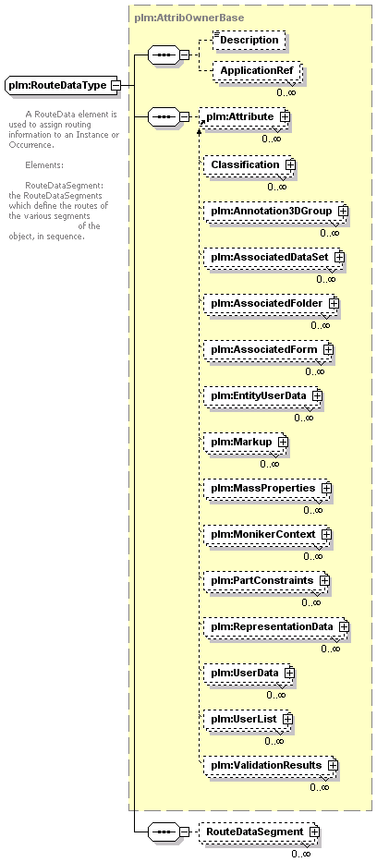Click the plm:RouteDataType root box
click(x=63, y=85)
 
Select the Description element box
click(x=249, y=40)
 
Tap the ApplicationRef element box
click(x=257, y=71)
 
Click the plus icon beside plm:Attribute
click(x=284, y=116)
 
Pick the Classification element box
click(x=249, y=165)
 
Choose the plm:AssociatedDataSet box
click(x=274, y=257)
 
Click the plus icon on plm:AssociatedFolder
click(x=334, y=303)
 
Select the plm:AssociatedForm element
click(x=268, y=349)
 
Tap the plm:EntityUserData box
click(x=262, y=395)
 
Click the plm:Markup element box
click(x=245, y=442)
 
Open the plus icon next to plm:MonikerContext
click(x=326, y=534)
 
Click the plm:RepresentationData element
click(x=276, y=626)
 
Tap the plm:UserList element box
click(x=248, y=719)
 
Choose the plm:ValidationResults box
click(x=271, y=765)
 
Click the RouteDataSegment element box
click(x=259, y=832)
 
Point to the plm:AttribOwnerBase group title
click(x=189, y=18)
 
